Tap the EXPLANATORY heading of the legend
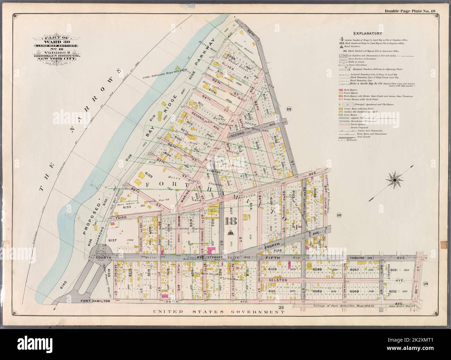point(367,33)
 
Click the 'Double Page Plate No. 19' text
point(414,11)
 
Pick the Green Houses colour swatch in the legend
point(341,115)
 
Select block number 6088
point(317,269)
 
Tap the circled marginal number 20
point(426,284)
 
